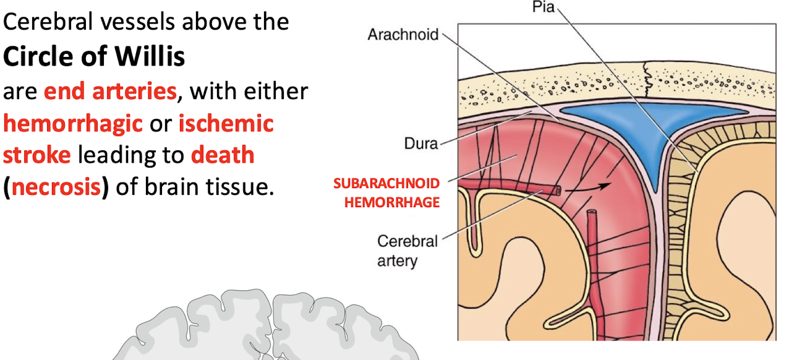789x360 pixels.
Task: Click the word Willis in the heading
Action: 150,57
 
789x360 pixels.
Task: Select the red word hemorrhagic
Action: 73,123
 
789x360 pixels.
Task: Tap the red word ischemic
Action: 226,123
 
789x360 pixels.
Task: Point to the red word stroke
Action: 36,155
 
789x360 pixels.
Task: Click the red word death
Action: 223,155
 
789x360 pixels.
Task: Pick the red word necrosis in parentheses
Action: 56,186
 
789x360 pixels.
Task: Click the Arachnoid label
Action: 403,34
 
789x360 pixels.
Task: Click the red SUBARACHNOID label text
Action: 386,184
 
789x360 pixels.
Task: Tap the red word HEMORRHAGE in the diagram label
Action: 391,202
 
